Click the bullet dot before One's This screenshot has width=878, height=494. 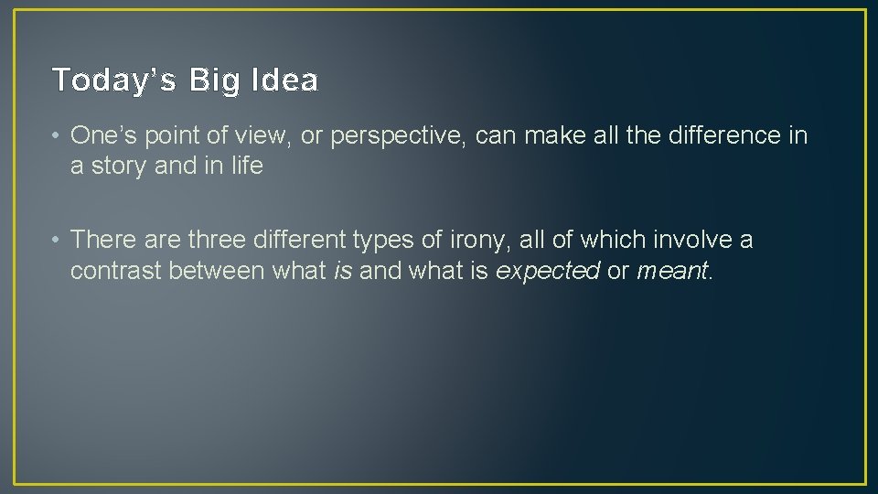(x=57, y=136)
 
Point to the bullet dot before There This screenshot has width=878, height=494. (x=57, y=240)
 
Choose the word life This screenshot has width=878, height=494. (x=246, y=166)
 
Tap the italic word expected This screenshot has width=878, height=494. (x=547, y=272)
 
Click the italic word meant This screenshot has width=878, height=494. (x=672, y=271)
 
